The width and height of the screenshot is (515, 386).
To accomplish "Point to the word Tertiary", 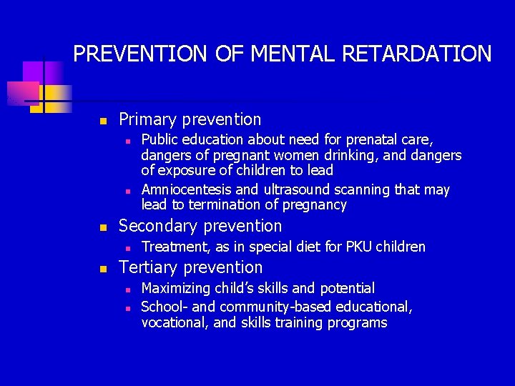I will (x=148, y=267).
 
